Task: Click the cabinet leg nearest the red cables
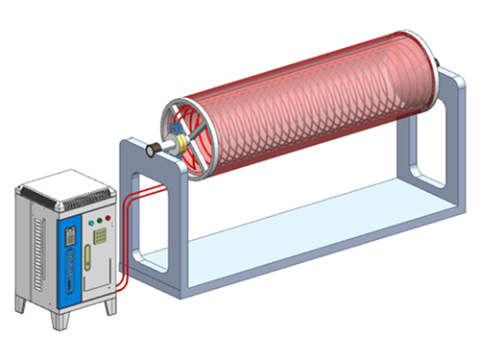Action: (x=111, y=306)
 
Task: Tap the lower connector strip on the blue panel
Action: (x=69, y=287)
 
